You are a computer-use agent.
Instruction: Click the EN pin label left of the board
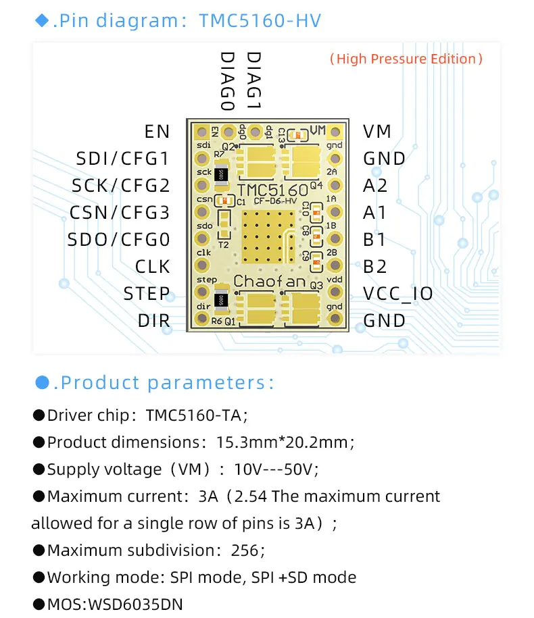(157, 131)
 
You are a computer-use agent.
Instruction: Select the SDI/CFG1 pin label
(123, 159)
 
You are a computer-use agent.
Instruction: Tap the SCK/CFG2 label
(121, 186)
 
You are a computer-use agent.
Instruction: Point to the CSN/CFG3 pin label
(120, 213)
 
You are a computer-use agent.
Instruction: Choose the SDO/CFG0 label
(119, 240)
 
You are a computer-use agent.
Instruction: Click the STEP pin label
(146, 294)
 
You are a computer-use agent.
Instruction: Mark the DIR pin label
(153, 321)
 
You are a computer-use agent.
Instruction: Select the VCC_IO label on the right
(398, 294)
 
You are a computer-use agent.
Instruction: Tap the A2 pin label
(375, 186)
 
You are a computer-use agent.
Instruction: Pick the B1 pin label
(375, 240)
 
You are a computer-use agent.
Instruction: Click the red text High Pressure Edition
(406, 59)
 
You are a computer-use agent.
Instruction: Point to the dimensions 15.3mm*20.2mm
(285, 442)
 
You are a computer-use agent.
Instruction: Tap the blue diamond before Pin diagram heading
(42, 21)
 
